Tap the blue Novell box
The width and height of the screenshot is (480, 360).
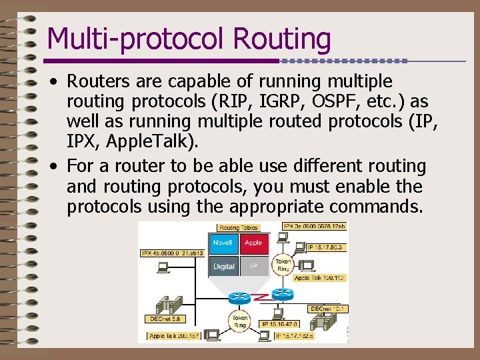click(222, 243)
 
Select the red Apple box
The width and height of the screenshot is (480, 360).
click(253, 243)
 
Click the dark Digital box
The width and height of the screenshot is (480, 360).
click(223, 266)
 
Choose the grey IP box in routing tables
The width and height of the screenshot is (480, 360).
click(253, 266)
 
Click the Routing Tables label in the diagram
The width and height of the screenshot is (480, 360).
click(239, 228)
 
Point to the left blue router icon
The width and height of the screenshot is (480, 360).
click(239, 295)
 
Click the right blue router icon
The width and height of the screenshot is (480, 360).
click(283, 293)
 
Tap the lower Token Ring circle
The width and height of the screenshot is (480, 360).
click(239, 321)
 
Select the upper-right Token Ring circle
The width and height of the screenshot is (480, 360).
click(283, 265)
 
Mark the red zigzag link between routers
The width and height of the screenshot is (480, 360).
click(261, 295)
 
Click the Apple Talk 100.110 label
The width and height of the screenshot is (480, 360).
click(319, 277)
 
